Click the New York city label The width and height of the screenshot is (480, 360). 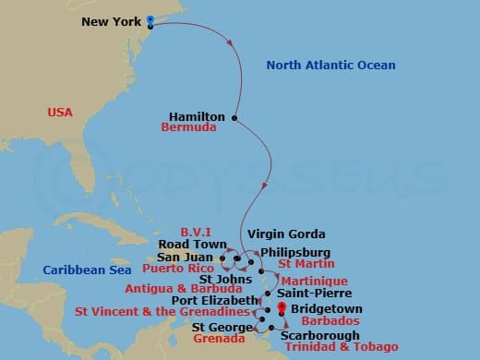pyautogui.click(x=113, y=20)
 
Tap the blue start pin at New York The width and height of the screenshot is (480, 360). pyautogui.click(x=150, y=18)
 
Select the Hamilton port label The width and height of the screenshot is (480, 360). pyautogui.click(x=198, y=116)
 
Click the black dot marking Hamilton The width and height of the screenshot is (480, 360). pyautogui.click(x=235, y=117)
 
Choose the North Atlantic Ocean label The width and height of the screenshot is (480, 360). pyautogui.click(x=330, y=66)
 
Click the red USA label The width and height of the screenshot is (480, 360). pyautogui.click(x=61, y=113)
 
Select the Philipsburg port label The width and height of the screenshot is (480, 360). pyautogui.click(x=293, y=251)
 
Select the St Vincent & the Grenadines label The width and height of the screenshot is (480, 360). pyautogui.click(x=161, y=312)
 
